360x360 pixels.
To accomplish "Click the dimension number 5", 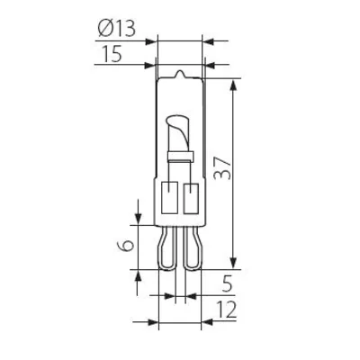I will click(x=227, y=283).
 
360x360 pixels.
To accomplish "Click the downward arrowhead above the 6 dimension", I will click(x=137, y=220).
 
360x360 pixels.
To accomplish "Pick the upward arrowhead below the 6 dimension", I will click(x=137, y=274).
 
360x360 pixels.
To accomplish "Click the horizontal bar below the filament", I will click(x=180, y=160).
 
